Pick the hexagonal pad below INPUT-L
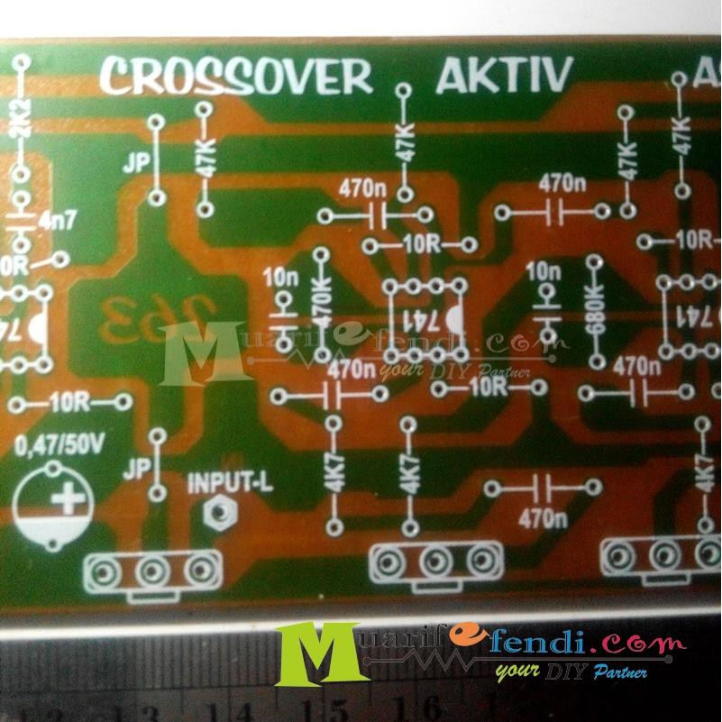click(216, 513)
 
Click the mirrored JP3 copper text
click(134, 315)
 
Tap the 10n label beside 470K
click(280, 278)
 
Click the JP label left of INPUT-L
click(138, 469)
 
